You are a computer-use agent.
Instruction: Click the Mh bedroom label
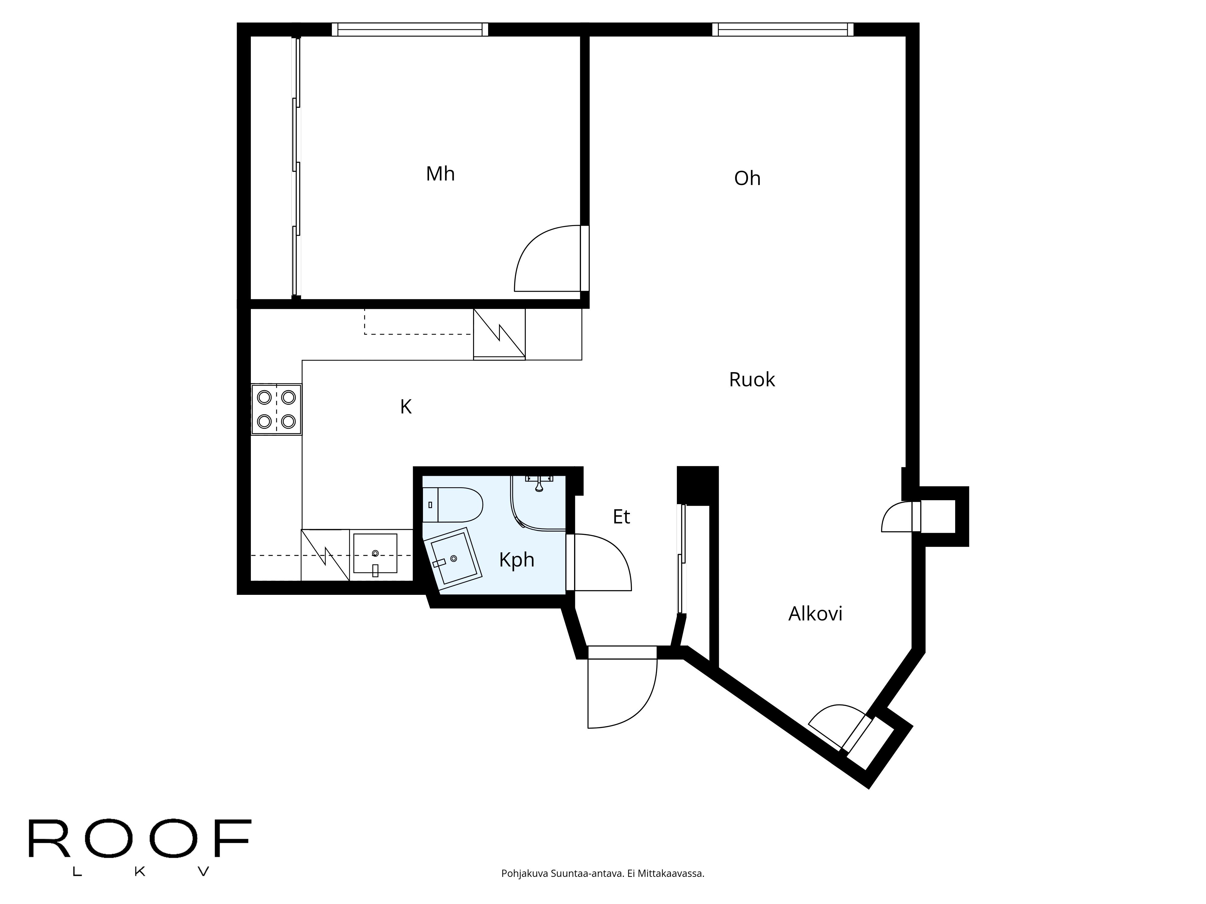click(440, 174)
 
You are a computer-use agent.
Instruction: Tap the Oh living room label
click(747, 178)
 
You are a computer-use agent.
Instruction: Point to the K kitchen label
click(406, 406)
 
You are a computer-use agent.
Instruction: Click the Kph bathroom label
click(516, 560)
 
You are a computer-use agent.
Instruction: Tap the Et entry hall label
click(621, 516)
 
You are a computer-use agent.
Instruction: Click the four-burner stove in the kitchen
click(276, 409)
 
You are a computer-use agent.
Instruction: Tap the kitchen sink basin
click(375, 553)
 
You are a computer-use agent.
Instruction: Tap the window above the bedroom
click(410, 30)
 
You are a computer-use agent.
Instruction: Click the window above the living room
click(782, 30)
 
